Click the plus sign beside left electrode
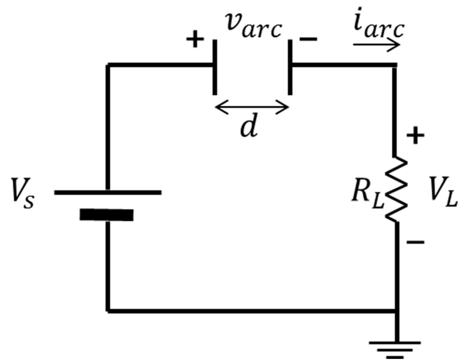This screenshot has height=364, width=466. [195, 39]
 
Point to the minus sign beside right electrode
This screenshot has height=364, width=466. [308, 39]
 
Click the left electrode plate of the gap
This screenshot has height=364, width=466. [215, 67]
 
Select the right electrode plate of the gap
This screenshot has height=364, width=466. [290, 67]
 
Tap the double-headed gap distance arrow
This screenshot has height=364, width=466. [252, 107]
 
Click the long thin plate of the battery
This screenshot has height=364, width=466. [108, 192]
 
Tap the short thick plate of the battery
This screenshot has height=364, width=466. [107, 215]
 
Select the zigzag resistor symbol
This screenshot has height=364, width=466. [396, 189]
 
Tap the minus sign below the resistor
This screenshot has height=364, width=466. [415, 242]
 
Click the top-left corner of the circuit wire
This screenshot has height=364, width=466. [108, 65]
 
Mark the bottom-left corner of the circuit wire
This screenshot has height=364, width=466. [108, 311]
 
